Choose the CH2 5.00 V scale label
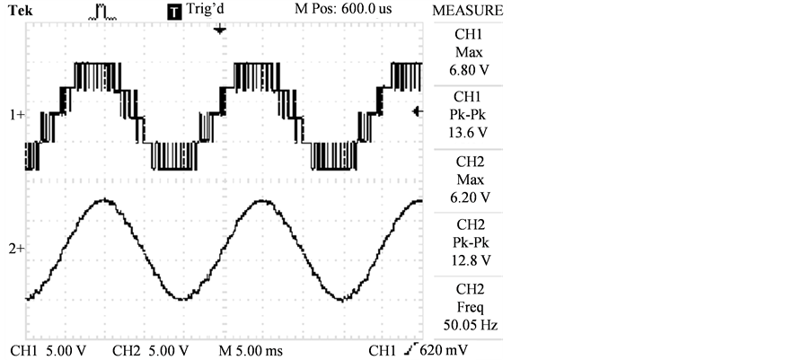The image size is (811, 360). (150, 348)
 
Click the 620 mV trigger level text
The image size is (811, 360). (449, 348)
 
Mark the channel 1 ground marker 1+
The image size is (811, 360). (17, 115)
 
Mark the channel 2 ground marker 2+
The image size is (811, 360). (17, 247)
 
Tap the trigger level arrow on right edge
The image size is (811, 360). (417, 110)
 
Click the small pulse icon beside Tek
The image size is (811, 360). (102, 10)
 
